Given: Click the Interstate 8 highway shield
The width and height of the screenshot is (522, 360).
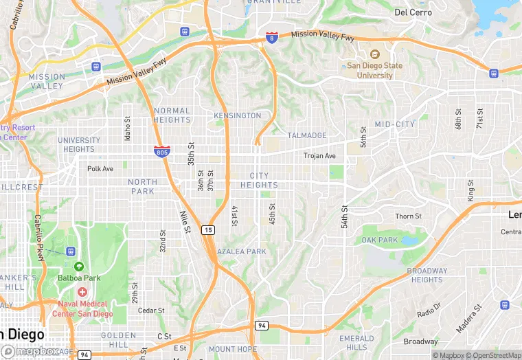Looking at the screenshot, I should [x=272, y=38].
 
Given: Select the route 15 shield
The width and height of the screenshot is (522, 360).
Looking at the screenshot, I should [x=207, y=230].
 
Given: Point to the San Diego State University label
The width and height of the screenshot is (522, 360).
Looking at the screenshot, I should [x=374, y=70].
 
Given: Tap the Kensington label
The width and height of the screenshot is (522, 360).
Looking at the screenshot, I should [x=238, y=115].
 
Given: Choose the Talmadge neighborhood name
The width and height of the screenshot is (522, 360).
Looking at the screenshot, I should [x=307, y=135].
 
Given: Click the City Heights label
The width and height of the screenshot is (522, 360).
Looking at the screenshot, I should [x=259, y=181].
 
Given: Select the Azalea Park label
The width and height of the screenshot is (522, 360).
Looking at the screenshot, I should [x=241, y=251].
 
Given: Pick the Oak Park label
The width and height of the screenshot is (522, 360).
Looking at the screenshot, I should [x=380, y=240].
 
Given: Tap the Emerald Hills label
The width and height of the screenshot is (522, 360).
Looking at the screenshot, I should [x=356, y=343].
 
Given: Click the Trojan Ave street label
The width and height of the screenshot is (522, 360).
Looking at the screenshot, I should [x=319, y=156].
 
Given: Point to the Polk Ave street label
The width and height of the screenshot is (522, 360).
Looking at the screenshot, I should [x=100, y=168].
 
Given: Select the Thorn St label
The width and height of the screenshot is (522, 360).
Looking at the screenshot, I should [x=408, y=216].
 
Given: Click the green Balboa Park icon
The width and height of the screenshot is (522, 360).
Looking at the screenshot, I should [x=78, y=266].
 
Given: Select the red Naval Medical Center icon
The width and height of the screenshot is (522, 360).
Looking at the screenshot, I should [x=82, y=292].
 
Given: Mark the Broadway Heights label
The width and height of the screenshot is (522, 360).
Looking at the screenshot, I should [x=427, y=275].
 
